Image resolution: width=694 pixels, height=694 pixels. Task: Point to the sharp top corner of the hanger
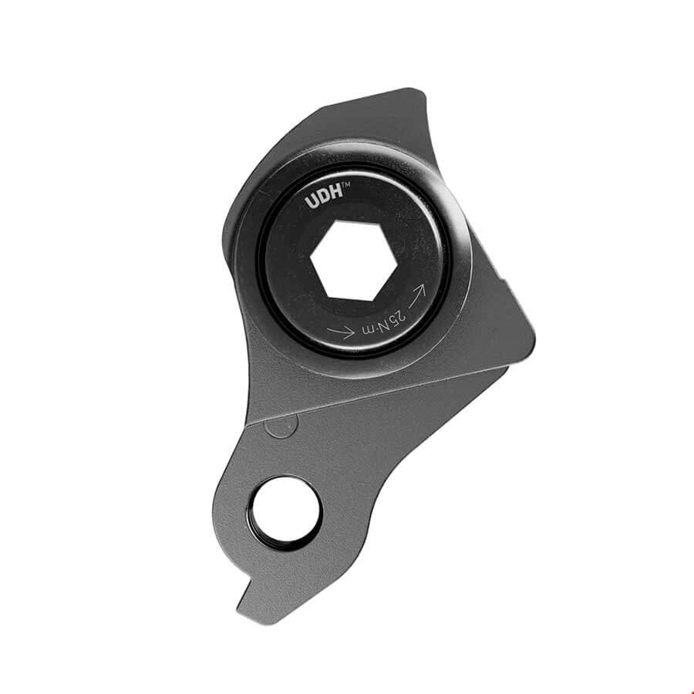[x=421, y=92]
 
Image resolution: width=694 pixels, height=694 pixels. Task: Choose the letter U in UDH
[x=312, y=203]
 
